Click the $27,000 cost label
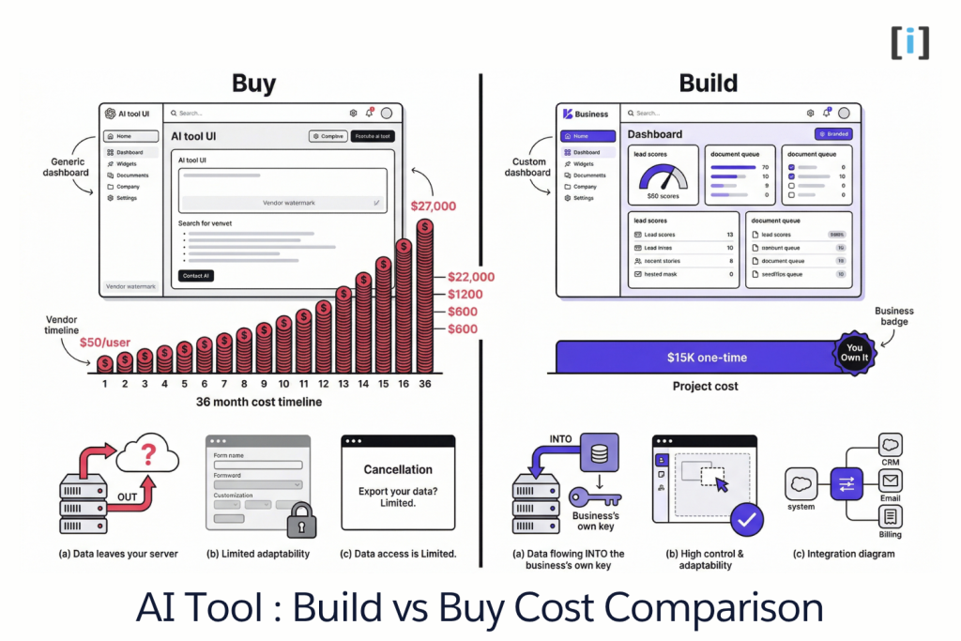(434, 206)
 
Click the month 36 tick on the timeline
(425, 384)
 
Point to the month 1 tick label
(105, 384)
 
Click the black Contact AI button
(195, 275)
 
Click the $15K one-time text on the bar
(708, 358)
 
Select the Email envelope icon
(890, 481)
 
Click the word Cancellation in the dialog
(398, 469)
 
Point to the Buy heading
(253, 84)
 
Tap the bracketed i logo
(909, 42)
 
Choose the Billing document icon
(890, 516)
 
